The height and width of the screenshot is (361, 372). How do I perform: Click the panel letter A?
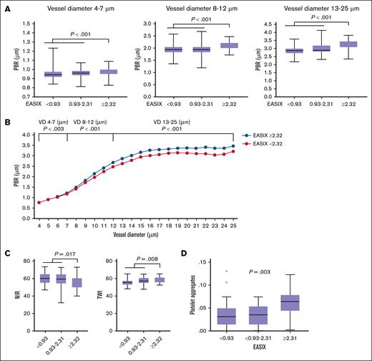[6, 5]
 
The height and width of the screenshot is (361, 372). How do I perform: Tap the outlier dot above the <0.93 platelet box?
[246, 271]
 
